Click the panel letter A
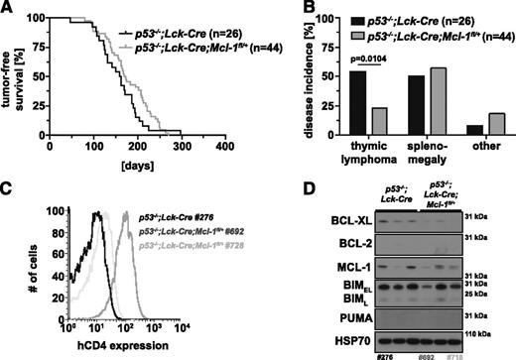pyautogui.click(x=8, y=9)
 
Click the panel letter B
pyautogui.click(x=270, y=9)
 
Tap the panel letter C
pyautogui.click(x=8, y=187)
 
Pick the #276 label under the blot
pyautogui.click(x=380, y=351)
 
